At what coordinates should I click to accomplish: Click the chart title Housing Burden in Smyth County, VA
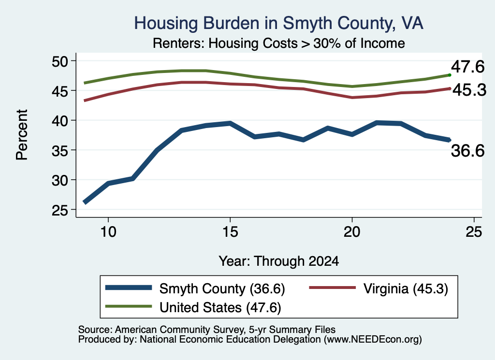point(278,23)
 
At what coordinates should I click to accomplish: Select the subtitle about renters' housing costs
point(279,43)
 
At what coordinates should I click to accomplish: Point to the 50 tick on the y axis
point(60,61)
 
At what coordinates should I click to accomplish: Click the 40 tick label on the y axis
point(60,120)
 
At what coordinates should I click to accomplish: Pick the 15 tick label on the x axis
point(230,232)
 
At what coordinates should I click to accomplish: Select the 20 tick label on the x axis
point(352,232)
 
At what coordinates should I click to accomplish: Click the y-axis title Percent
point(22,135)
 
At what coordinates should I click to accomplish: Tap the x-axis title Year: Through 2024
point(279,261)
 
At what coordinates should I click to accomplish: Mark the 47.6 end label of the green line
point(467,67)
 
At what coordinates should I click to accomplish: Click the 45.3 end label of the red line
point(469,90)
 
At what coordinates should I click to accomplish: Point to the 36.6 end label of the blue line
point(467,150)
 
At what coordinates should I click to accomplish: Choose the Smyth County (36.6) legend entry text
point(222,288)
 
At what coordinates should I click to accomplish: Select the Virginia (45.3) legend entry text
point(406,288)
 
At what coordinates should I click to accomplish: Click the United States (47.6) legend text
point(220,307)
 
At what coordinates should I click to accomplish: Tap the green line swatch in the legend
point(129,306)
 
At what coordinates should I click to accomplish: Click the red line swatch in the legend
point(333,288)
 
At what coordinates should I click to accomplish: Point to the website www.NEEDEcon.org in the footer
point(372,339)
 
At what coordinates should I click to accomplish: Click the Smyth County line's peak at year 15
point(230,123)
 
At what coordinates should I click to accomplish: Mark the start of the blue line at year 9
point(85,202)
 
